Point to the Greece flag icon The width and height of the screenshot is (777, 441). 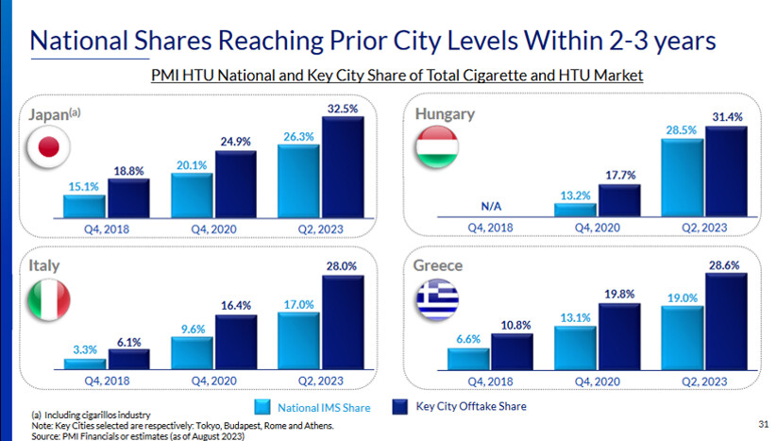437,299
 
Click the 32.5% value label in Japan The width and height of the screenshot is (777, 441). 343,109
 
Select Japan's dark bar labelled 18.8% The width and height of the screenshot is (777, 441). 128,197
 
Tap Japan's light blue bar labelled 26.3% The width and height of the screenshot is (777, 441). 297,181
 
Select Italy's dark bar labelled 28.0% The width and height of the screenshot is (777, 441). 342,322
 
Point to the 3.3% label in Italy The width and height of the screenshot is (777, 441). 86,349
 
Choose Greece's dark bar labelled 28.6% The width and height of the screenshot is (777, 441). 726,322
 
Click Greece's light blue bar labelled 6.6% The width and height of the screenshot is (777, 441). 468,360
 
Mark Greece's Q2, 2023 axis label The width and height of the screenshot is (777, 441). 704,381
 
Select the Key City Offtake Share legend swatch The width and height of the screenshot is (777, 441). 400,407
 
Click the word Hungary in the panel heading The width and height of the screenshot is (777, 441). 445,114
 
